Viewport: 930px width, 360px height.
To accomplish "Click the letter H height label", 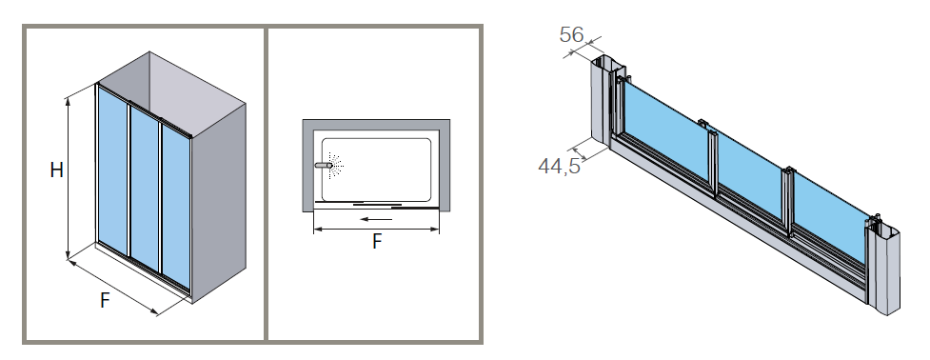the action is [56, 170].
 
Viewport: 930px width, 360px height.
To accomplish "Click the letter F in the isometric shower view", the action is [105, 301].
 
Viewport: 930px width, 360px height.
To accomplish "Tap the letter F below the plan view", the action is [377, 241].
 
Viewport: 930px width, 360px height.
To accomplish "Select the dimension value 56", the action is [572, 34].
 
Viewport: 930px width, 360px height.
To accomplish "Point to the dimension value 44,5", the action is [559, 166].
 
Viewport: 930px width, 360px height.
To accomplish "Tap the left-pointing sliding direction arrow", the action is [376, 219].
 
